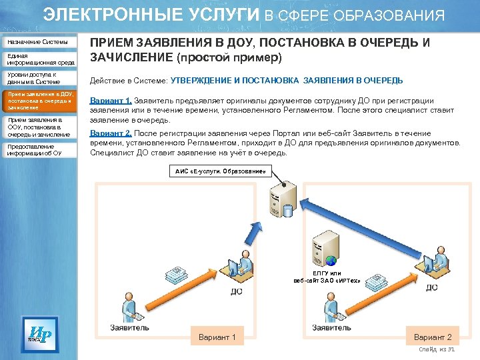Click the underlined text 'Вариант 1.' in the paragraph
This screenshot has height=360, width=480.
tap(111, 101)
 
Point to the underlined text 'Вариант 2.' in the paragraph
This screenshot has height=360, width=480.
tap(111, 133)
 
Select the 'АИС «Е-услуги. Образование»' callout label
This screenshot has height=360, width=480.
tap(221, 172)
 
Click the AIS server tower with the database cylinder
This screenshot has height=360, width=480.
tap(280, 199)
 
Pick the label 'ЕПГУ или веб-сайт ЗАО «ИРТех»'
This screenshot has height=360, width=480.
tap(327, 277)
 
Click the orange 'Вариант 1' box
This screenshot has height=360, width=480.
tap(217, 337)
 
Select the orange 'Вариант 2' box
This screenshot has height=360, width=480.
tap(433, 337)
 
